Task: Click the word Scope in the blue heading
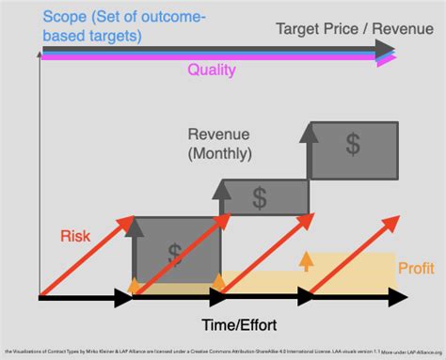65,18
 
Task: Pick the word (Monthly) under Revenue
219,152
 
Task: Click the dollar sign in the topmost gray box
352,144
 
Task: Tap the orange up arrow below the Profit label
305,261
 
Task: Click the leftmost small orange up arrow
133,285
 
